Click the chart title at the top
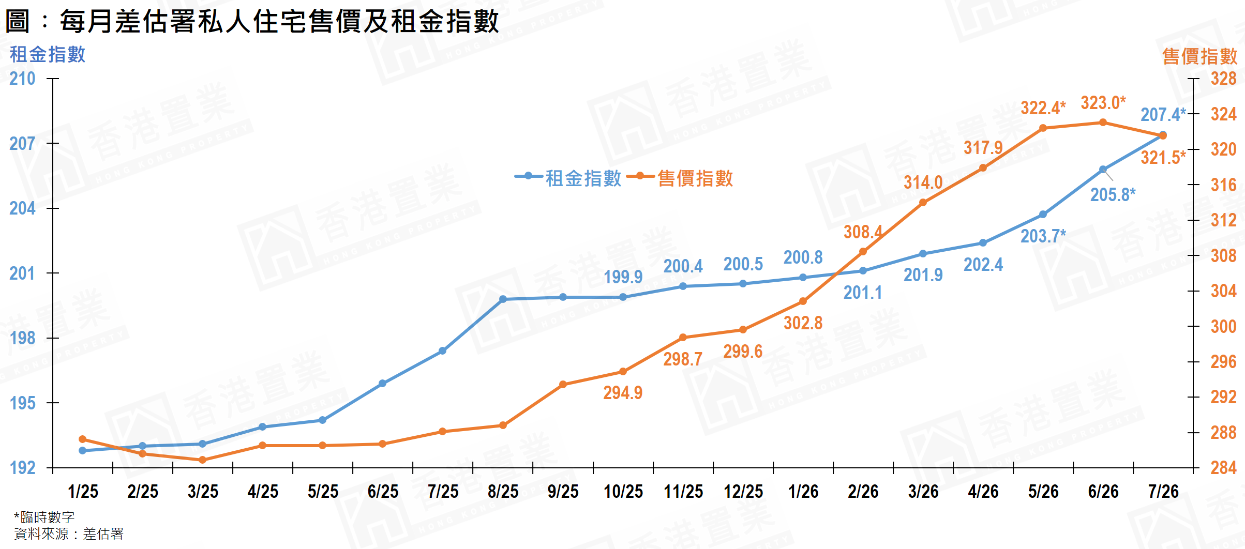point(252,22)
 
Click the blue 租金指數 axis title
point(48,54)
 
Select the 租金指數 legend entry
point(568,178)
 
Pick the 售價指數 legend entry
point(680,178)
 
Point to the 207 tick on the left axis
point(22,143)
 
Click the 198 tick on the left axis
point(22,338)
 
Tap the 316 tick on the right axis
point(1223,185)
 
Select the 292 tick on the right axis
point(1223,397)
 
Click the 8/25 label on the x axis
point(503,491)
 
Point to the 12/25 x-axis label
point(743,491)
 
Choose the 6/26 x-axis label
point(1103,491)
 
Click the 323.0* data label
point(1103,103)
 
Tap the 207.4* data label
point(1163,114)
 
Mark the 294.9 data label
point(623,393)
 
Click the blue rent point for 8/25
point(503,299)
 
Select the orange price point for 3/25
point(202,460)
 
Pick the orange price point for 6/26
point(1103,123)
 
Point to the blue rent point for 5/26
point(1043,215)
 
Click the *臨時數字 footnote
point(44,517)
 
